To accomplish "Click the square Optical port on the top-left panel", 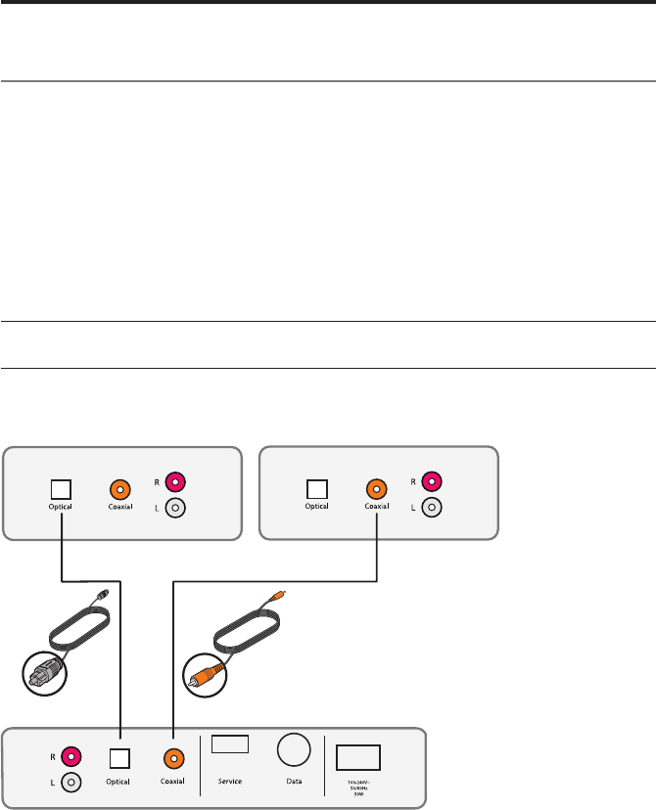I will click(62, 486).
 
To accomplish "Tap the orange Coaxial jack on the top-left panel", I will click(120, 486).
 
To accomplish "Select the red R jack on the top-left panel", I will click(176, 480).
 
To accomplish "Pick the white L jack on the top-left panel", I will click(176, 509).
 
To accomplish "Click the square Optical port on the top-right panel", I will click(316, 487).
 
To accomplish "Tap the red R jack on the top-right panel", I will click(431, 481).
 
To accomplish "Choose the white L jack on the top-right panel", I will click(431, 510).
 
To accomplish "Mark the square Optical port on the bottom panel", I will click(120, 757).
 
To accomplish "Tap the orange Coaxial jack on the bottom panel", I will click(173, 757).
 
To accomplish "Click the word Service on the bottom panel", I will click(230, 782).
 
